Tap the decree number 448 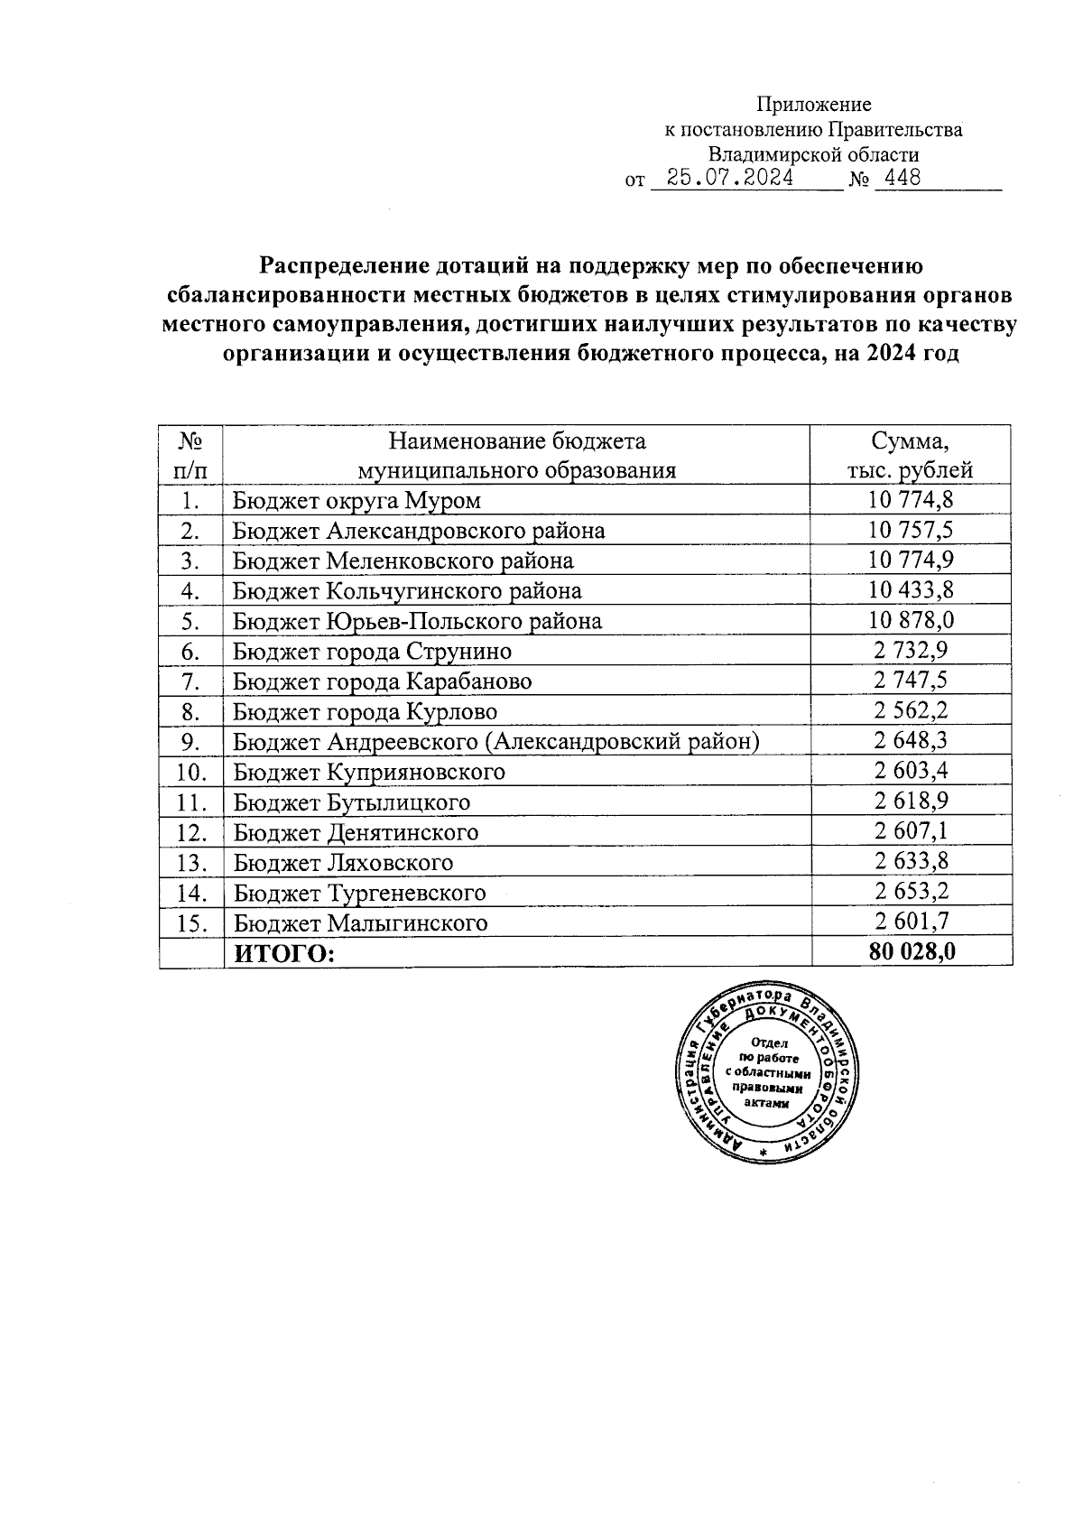(902, 178)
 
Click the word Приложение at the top (813, 105)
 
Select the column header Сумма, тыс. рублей (910, 456)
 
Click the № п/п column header (190, 456)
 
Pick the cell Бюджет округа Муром (356, 500)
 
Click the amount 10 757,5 (911, 530)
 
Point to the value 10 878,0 (911, 621)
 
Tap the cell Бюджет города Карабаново (382, 681)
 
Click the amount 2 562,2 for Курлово (911, 711)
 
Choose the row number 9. (190, 742)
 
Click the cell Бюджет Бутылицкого (351, 802)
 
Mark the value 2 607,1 (911, 831)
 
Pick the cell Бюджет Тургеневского (359, 893)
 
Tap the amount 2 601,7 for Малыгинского (911, 922)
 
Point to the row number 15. (190, 922)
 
